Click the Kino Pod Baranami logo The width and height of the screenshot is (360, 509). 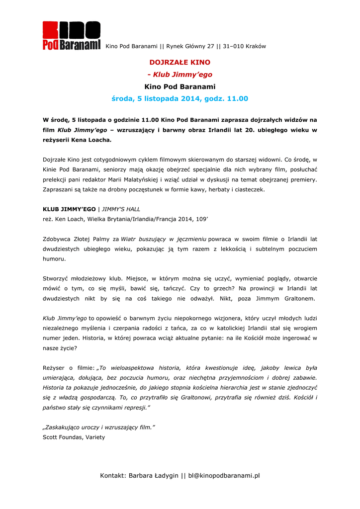click(72, 36)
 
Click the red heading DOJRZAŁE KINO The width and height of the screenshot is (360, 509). click(180, 63)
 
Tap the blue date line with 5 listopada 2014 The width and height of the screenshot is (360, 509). click(180, 99)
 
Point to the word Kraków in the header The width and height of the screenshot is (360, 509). click(256, 47)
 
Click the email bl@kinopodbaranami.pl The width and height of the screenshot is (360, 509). click(224, 476)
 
